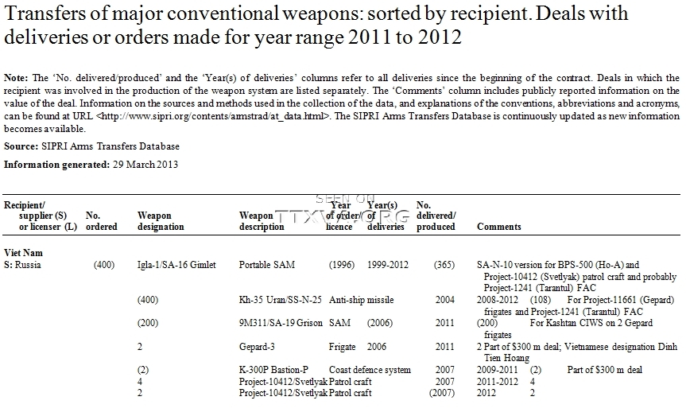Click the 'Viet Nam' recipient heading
coord(24,252)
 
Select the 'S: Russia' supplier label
coord(23,264)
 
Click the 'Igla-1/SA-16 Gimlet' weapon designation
coord(176,264)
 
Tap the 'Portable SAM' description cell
coord(267,264)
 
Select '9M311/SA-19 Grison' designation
coord(176,325)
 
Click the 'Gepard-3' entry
coord(157,348)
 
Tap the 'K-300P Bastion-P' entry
coord(172,370)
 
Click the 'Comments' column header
coord(499,227)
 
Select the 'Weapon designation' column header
coord(161,221)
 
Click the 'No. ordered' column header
coord(101,221)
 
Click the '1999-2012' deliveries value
coord(386,264)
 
